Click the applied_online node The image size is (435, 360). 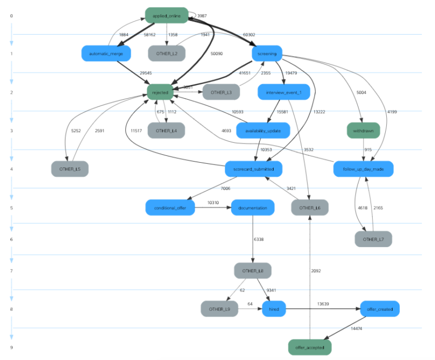click(x=167, y=15)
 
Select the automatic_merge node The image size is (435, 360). click(x=106, y=54)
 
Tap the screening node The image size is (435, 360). click(x=267, y=54)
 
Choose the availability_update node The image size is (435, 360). click(x=263, y=130)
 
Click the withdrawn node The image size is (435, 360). click(x=363, y=130)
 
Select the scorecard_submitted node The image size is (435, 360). click(x=253, y=169)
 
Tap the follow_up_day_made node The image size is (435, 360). click(x=363, y=169)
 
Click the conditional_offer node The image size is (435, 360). click(x=170, y=207)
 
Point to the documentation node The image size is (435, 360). click(x=253, y=207)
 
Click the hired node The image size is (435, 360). click(x=274, y=309)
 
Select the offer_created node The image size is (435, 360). click(x=379, y=309)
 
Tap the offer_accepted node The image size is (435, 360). click(x=309, y=347)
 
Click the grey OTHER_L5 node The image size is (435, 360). click(x=70, y=169)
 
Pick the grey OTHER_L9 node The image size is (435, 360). click(x=219, y=309)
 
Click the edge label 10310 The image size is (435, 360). click(x=213, y=203)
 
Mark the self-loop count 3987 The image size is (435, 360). click(x=205, y=16)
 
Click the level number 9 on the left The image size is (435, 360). click(x=11, y=347)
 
